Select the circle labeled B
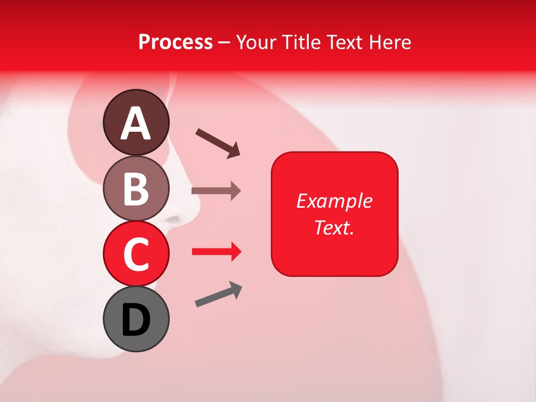[136, 188]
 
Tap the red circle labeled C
[136, 253]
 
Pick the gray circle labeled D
[136, 319]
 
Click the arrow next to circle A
[218, 142]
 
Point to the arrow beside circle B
[216, 191]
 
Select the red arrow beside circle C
[216, 252]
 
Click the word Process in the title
[175, 42]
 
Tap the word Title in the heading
[301, 42]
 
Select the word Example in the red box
[334, 201]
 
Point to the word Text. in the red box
[334, 227]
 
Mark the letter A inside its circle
[136, 123]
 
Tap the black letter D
[136, 320]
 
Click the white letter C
[136, 255]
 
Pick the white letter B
[136, 189]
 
